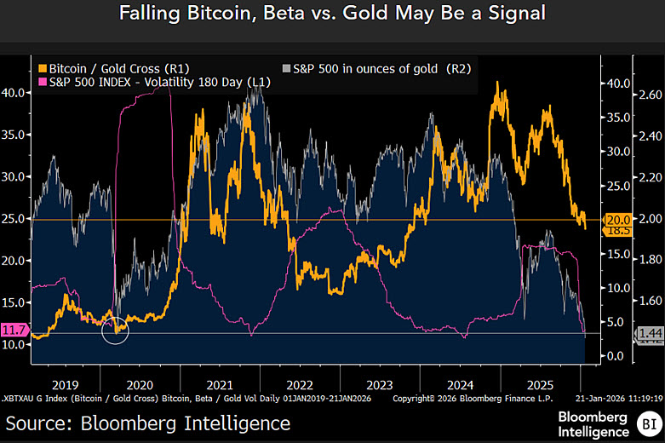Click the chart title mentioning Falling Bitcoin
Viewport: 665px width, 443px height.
[332, 15]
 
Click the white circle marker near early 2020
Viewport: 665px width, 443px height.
[114, 330]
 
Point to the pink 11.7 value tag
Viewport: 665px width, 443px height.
[14, 330]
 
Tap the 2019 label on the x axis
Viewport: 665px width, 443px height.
[65, 383]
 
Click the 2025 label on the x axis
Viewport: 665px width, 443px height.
[537, 383]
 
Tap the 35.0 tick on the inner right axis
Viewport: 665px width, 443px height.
[618, 118]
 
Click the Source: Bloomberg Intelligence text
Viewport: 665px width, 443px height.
[148, 423]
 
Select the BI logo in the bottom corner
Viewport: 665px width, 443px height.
[649, 423]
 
